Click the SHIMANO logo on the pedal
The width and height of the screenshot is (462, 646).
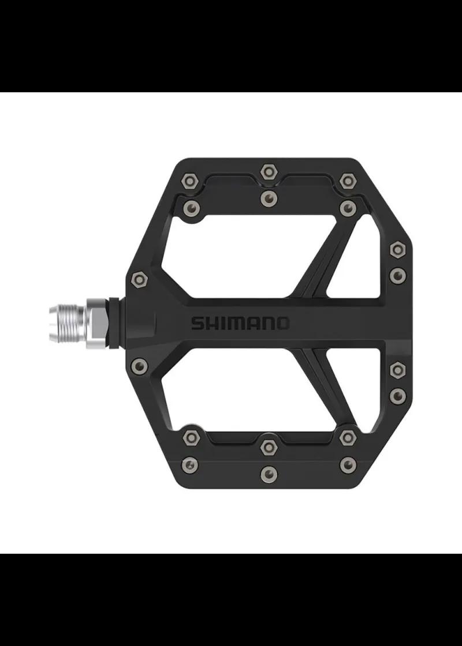(240, 323)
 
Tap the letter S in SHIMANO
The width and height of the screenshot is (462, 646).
(197, 323)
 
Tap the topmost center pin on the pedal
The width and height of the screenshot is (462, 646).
(268, 171)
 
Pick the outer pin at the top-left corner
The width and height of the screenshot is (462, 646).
(189, 181)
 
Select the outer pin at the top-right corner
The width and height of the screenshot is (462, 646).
(346, 181)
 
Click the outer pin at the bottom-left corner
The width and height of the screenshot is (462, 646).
(189, 464)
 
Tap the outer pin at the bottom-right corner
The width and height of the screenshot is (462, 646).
(347, 464)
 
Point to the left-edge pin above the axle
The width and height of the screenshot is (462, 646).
(139, 280)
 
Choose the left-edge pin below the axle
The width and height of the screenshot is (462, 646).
(139, 364)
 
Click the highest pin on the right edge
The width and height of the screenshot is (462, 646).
(397, 250)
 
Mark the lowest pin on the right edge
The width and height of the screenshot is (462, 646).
(397, 395)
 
